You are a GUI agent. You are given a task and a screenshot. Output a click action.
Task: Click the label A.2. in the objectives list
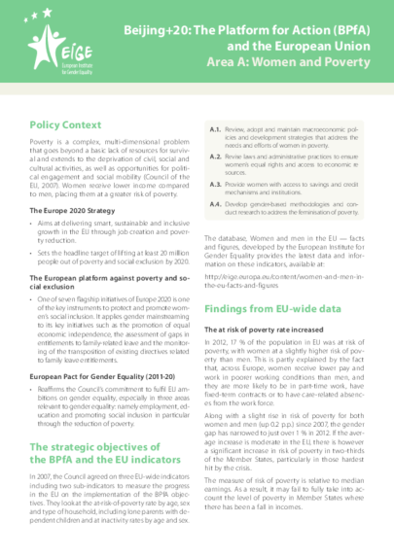(x=215, y=156)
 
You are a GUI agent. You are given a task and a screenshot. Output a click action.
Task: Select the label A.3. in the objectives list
(x=215, y=183)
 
